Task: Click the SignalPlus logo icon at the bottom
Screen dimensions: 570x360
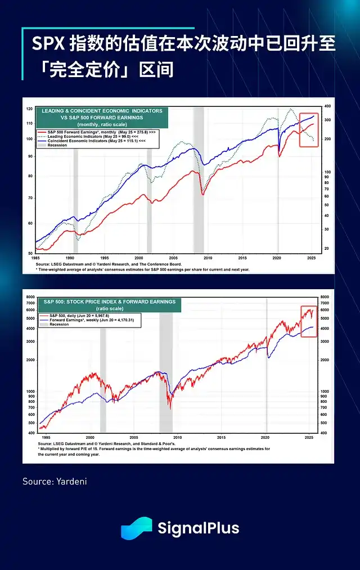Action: point(137,528)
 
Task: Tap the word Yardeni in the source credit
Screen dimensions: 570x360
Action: point(71,482)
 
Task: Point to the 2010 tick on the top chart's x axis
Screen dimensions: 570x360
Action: point(208,258)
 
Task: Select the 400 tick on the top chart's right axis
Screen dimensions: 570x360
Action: point(327,106)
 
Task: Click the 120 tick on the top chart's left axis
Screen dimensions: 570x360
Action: point(29,108)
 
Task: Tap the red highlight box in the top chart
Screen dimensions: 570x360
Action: point(308,130)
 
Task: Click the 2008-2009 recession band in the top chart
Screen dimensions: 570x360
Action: point(199,180)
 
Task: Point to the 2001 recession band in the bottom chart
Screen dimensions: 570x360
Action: point(103,371)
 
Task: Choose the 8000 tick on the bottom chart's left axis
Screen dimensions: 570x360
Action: point(31,296)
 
